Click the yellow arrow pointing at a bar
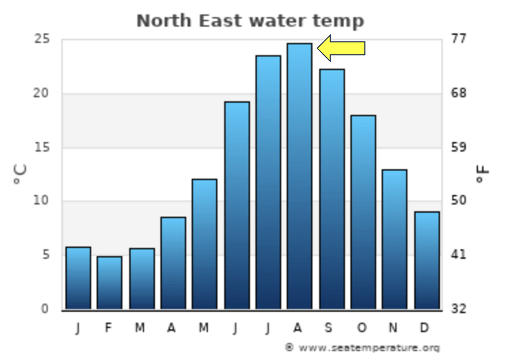pyautogui.click(x=342, y=49)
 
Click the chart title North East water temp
pyautogui.click(x=250, y=21)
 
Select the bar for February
pyautogui.click(x=109, y=283)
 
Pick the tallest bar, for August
pyautogui.click(x=300, y=176)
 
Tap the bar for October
pyautogui.click(x=363, y=212)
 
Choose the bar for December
pyautogui.click(x=427, y=260)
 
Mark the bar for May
pyautogui.click(x=204, y=244)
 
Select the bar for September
pyautogui.click(x=332, y=189)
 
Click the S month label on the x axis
pyautogui.click(x=330, y=328)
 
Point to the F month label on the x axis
pyautogui.click(x=108, y=328)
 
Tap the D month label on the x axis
pyautogui.click(x=425, y=328)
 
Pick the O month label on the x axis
pyautogui.click(x=361, y=328)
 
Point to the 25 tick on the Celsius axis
pyautogui.click(x=41, y=39)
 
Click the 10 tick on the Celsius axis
pyautogui.click(x=41, y=201)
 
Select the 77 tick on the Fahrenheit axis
pyautogui.click(x=459, y=39)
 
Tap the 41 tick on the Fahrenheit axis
pyautogui.click(x=459, y=255)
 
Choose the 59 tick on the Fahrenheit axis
pyautogui.click(x=459, y=147)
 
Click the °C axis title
pyautogui.click(x=20, y=174)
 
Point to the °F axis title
pyautogui.click(x=483, y=174)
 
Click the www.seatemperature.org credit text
pyautogui.click(x=362, y=348)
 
